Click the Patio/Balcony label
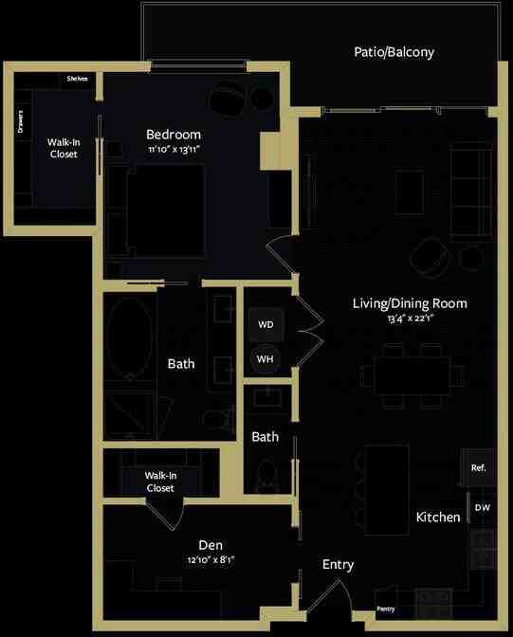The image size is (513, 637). pos(394,52)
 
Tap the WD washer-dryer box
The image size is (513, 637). pos(266,325)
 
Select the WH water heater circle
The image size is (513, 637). pos(266,358)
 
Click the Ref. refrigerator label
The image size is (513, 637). pos(479,468)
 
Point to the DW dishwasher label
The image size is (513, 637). pos(482,508)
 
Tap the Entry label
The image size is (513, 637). pos(338,565)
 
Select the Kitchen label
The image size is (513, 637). pos(438,518)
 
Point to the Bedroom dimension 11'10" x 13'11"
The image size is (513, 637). pos(174,150)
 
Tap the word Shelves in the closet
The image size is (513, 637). pos(77,79)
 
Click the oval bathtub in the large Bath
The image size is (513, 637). pos(129,339)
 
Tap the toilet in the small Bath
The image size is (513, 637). pos(267,473)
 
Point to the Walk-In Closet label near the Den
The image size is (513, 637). pos(160,482)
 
